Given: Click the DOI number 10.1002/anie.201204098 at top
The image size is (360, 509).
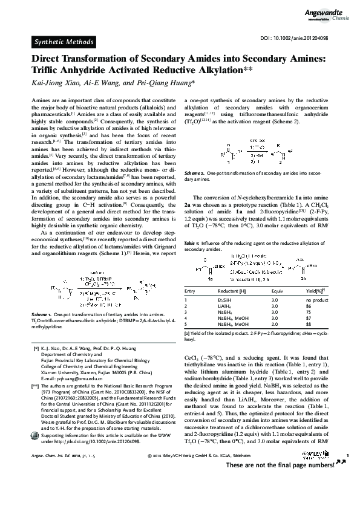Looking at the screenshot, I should coord(306,38).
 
